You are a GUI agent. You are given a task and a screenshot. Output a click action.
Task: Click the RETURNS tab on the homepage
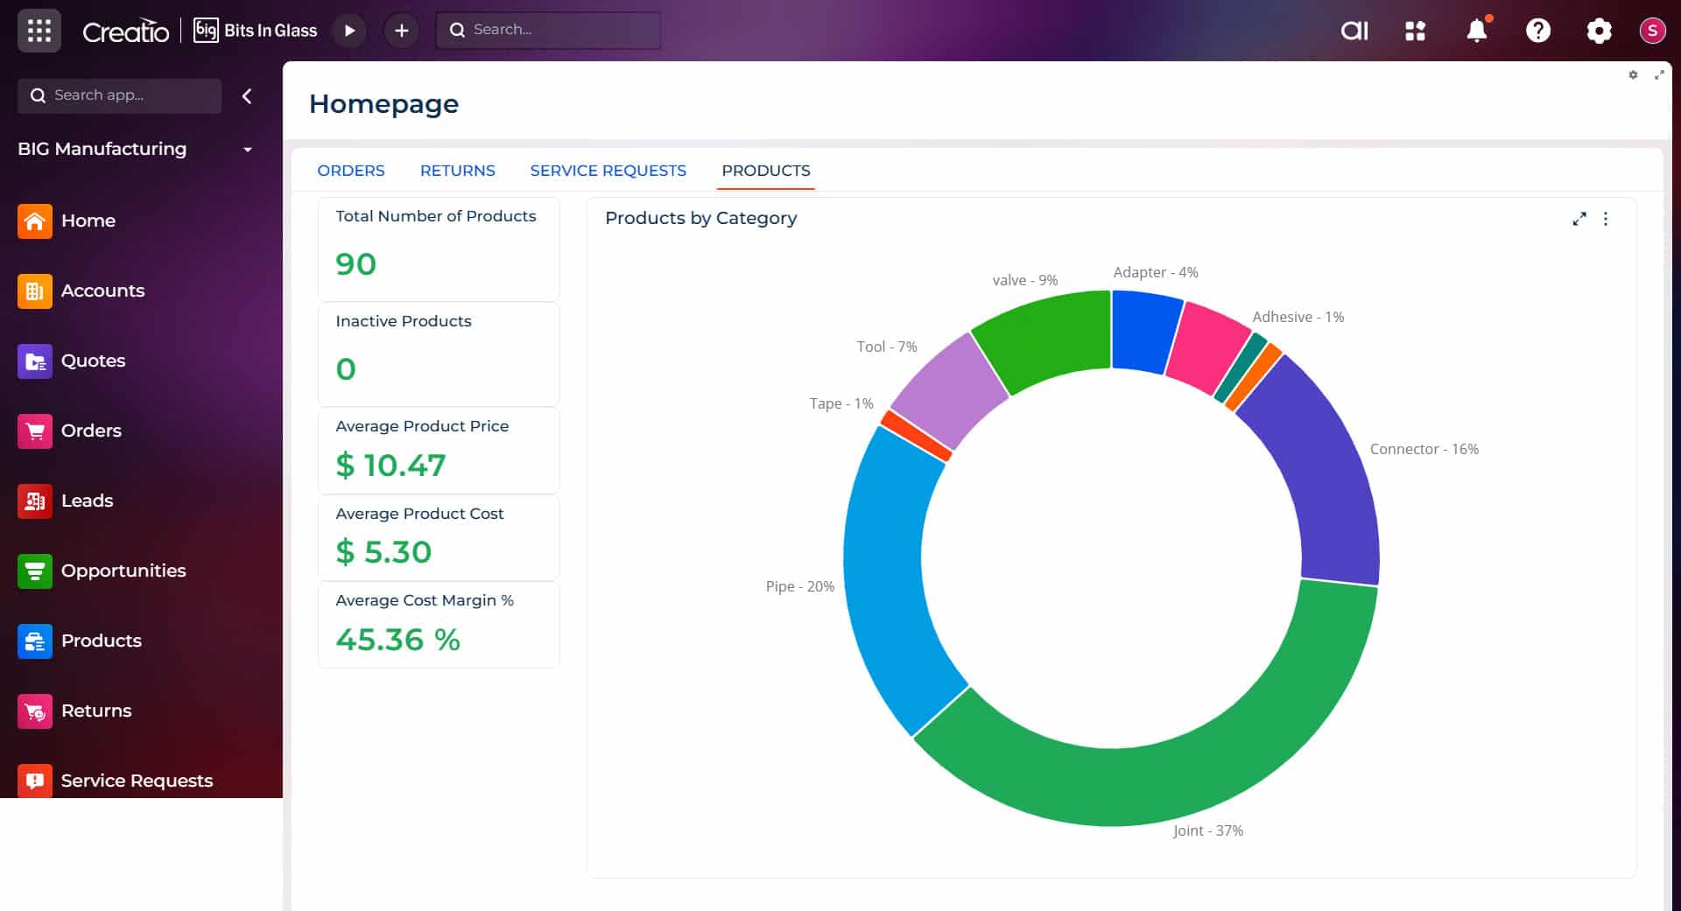pos(457,171)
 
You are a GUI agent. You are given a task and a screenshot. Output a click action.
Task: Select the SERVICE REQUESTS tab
pos(608,171)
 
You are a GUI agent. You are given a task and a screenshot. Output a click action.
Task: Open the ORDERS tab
pos(350,171)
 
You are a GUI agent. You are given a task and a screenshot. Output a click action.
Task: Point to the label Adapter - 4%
pos(1155,272)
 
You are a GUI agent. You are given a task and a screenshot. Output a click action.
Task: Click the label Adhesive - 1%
pos(1298,317)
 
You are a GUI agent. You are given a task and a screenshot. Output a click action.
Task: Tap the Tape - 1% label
pos(840,403)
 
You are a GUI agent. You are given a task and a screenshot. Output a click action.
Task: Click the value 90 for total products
pos(355,264)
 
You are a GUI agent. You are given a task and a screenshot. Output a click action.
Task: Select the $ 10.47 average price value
pos(390,465)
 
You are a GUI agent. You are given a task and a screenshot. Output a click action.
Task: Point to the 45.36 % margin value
pos(397,640)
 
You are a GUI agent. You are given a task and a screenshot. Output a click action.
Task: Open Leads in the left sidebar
pos(87,501)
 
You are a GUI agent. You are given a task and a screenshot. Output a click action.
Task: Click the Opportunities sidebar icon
pos(35,571)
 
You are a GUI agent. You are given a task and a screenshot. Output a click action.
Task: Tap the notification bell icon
pos(1476,31)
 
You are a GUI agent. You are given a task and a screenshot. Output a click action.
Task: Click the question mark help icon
pos(1537,31)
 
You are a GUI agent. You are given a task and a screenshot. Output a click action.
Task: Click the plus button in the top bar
pos(401,31)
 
